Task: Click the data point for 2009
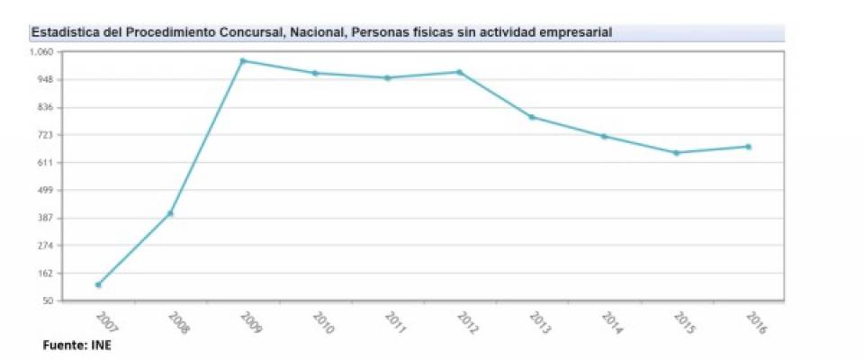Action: coord(243,61)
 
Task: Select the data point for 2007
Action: coord(98,284)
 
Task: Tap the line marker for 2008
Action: coord(170,213)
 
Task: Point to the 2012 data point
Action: coord(460,72)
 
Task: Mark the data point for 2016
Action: coord(748,147)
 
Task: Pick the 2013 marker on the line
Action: coord(532,117)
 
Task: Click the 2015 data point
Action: coord(676,153)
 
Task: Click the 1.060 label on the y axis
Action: coord(43,52)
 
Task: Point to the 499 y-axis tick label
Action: coord(46,191)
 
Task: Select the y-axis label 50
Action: coord(49,301)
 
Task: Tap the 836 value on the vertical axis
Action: coord(46,108)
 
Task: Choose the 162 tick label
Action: coord(46,274)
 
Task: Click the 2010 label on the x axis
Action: coord(323,322)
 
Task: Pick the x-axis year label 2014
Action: coord(612,322)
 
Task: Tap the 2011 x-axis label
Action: coord(395,322)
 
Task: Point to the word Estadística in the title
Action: coord(62,32)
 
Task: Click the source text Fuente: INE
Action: coord(76,345)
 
